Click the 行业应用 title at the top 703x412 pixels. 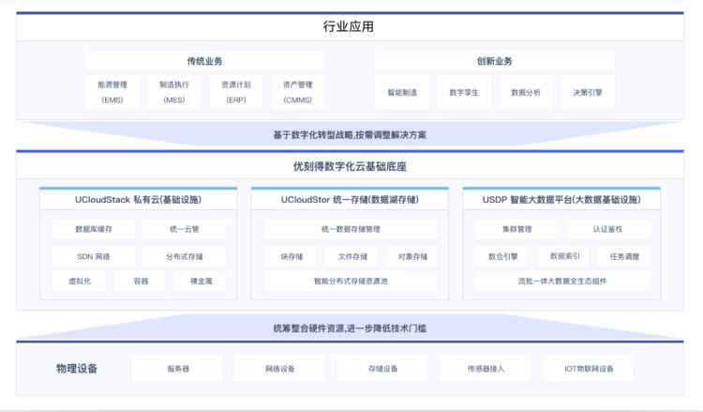coord(349,26)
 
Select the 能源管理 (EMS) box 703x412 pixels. coord(112,92)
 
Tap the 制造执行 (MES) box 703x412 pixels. coord(174,92)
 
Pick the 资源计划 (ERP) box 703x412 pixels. coord(236,92)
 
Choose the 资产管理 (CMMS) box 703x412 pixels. coord(298,92)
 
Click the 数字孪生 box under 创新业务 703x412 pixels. coord(464,93)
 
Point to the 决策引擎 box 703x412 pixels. coord(588,93)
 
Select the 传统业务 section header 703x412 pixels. coord(205,61)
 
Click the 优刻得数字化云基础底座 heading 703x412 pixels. coord(350,166)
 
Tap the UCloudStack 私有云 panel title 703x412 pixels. coord(138,200)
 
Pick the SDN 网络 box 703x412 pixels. coord(94,256)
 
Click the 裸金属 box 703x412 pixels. coord(201,281)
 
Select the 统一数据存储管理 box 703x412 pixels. coord(351,229)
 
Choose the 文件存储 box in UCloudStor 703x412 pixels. coord(351,256)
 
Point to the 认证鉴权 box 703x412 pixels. coord(607,229)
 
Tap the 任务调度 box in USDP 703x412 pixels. coord(624,256)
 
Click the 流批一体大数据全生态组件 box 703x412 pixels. coord(562,281)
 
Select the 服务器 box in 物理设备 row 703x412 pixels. coord(177,369)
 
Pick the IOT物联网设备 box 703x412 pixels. coord(589,369)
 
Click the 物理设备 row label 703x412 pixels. coord(77,369)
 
